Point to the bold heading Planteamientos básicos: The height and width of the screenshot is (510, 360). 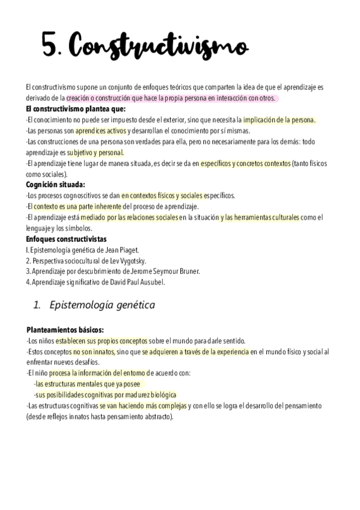(x=65, y=330)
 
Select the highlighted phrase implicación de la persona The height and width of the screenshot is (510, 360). (x=279, y=120)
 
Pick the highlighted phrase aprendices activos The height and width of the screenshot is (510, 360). (x=100, y=131)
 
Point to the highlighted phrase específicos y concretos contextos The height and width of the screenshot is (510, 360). (x=245, y=163)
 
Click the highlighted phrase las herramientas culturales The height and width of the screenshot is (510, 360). (x=259, y=217)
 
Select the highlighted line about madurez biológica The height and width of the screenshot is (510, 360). (x=105, y=395)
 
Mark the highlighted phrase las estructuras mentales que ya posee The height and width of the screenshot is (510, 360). (x=90, y=384)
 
